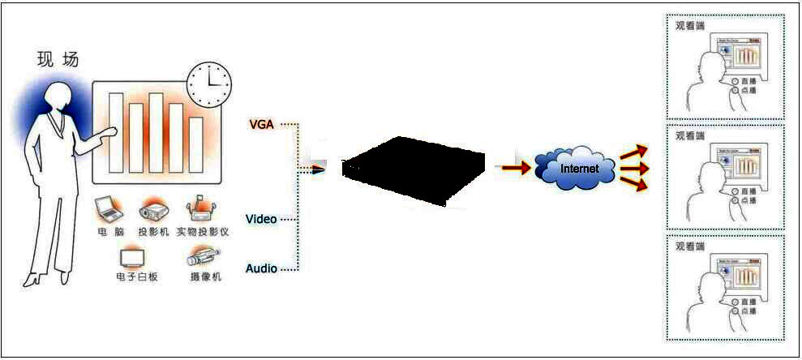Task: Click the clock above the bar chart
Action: click(x=209, y=84)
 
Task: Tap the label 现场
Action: click(x=58, y=59)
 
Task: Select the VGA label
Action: click(x=260, y=124)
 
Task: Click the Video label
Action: click(x=261, y=220)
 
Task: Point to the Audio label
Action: click(x=261, y=268)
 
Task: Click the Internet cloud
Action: click(x=579, y=168)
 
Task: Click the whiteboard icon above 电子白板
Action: click(x=131, y=259)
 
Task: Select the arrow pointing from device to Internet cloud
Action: click(x=513, y=169)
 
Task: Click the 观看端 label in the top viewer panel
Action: click(x=690, y=24)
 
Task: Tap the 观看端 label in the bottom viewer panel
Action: click(x=690, y=245)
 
